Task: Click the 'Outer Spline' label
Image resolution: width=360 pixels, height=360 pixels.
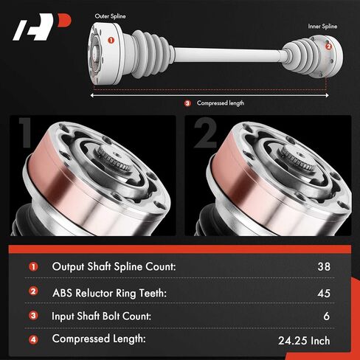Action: point(110,16)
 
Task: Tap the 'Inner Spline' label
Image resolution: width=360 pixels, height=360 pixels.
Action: point(322,27)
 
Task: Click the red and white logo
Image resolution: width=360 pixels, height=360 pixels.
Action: point(42,27)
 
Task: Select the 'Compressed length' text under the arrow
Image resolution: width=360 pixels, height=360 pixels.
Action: point(221,103)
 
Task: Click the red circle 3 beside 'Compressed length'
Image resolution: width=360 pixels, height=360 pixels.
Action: point(187,103)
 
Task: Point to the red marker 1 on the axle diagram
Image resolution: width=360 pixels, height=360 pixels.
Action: point(111,40)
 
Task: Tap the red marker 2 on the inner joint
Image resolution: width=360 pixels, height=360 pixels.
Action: point(328,46)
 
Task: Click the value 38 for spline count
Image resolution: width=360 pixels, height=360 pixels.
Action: point(324,266)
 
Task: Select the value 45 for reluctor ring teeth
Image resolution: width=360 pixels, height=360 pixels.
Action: point(324,293)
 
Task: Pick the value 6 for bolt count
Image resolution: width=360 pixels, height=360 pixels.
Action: point(327,316)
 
